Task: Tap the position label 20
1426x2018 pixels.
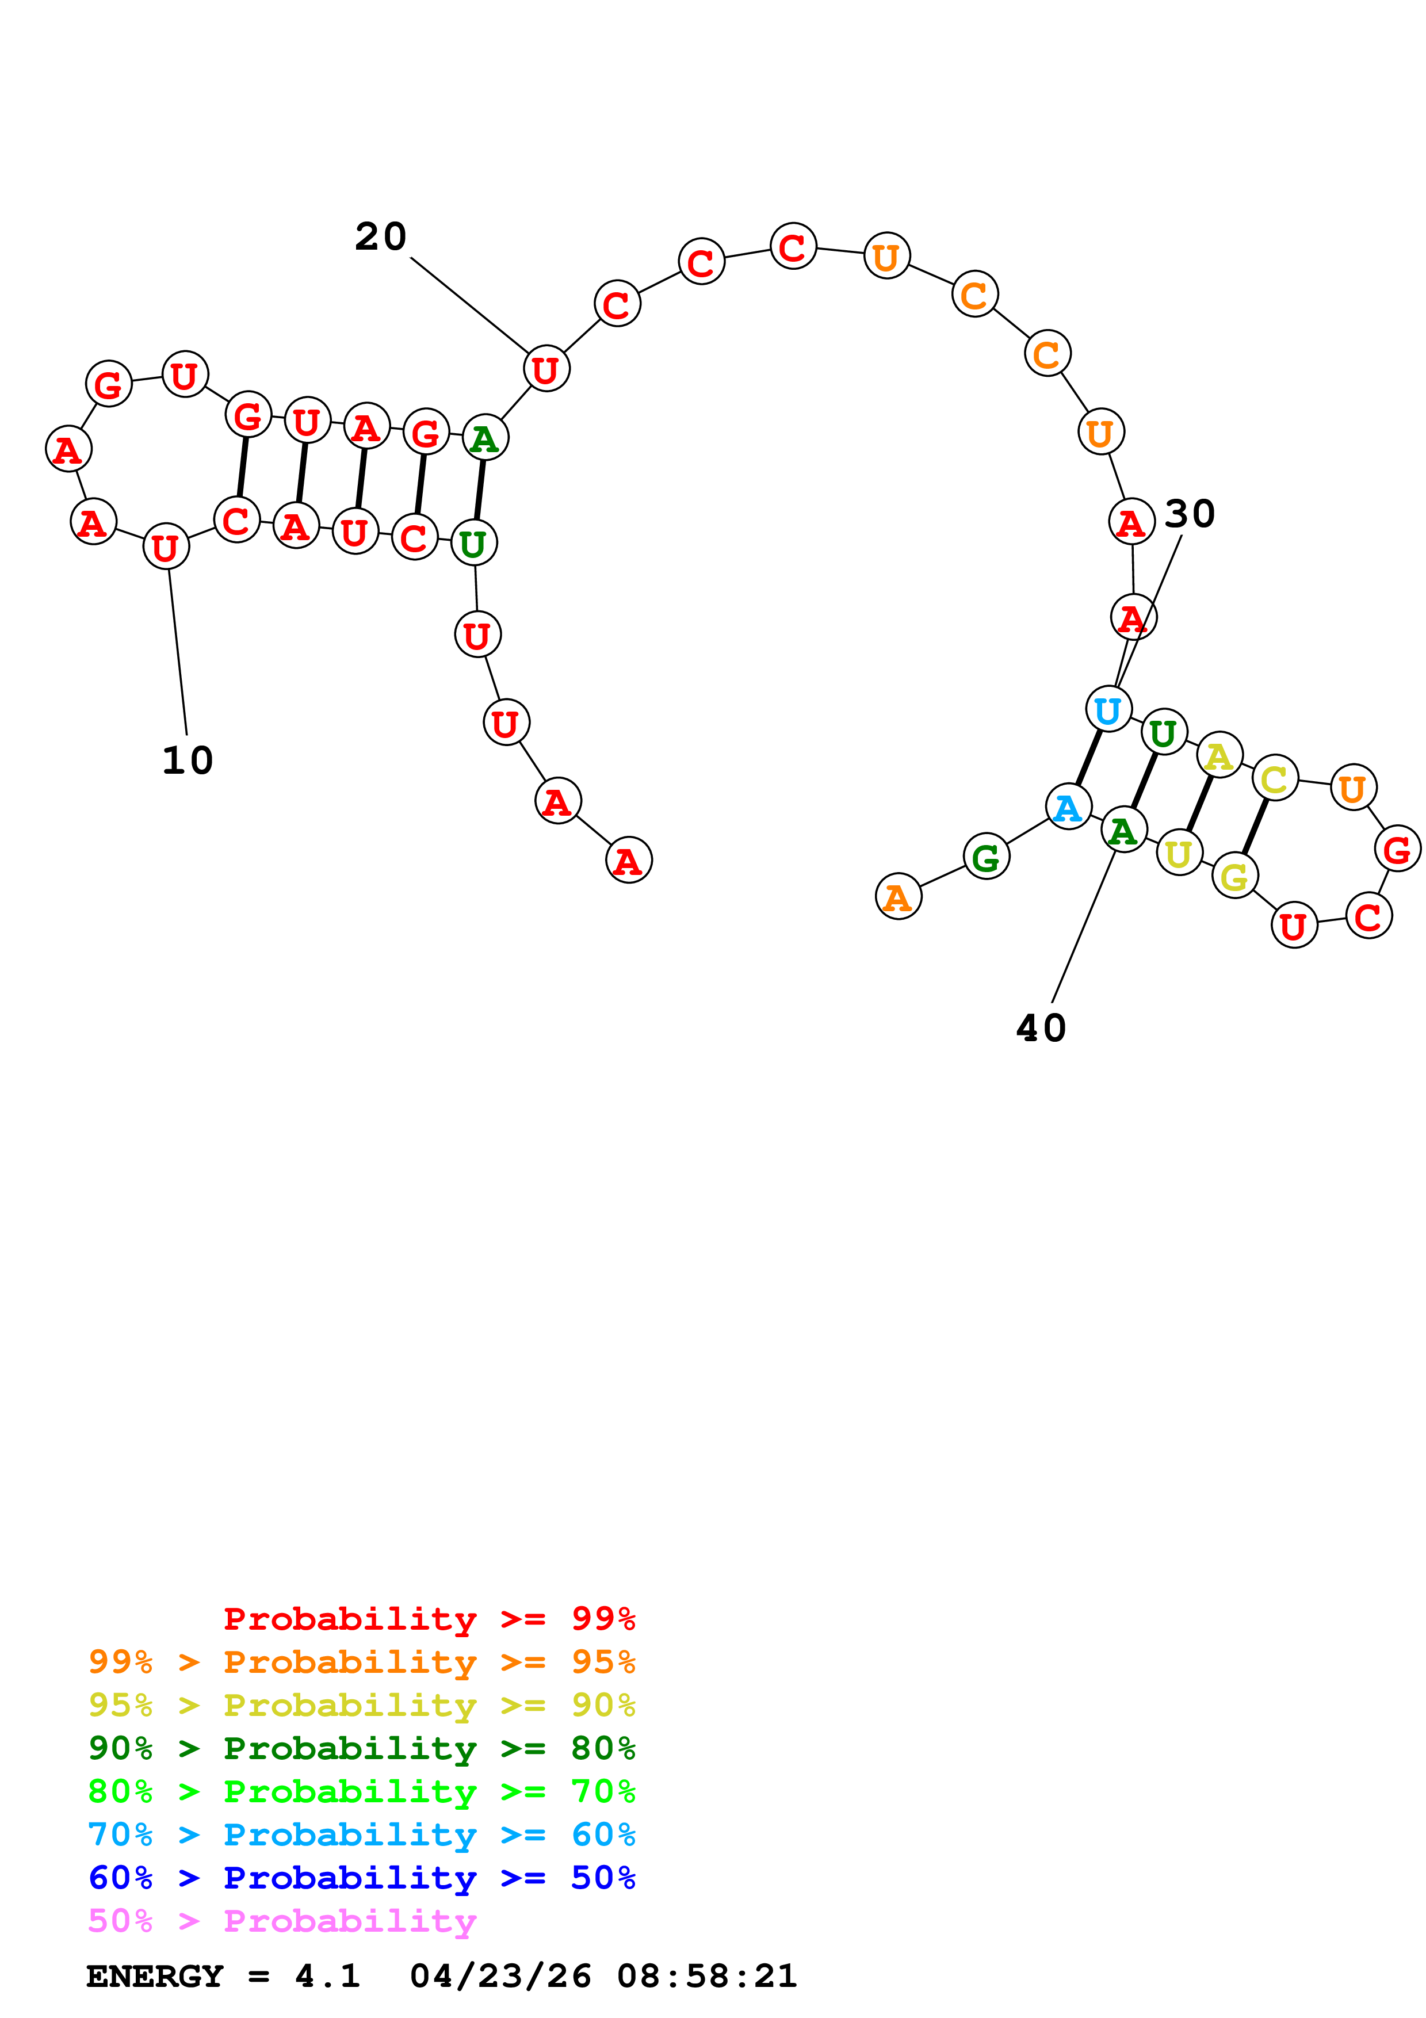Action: tap(380, 236)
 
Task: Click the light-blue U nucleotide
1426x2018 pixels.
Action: tap(1108, 709)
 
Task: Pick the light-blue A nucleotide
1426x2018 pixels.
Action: tap(1068, 807)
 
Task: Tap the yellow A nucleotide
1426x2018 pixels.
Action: tap(1219, 755)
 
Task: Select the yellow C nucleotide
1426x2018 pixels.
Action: tap(1274, 778)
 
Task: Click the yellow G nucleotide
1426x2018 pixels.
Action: tap(1234, 876)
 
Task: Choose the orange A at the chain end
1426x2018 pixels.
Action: tap(898, 896)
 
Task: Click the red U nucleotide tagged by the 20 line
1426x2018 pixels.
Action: tap(546, 369)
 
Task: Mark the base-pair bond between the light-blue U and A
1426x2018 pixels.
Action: tap(1088, 758)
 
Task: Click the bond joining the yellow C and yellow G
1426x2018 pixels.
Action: tap(1255, 826)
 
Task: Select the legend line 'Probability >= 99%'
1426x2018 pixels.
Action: tap(429, 1619)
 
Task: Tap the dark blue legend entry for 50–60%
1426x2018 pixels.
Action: tap(361, 1878)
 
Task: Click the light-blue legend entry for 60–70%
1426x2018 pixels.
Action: tap(361, 1835)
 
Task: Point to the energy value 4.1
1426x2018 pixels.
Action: tap(327, 1976)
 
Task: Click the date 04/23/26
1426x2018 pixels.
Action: tap(500, 1976)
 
